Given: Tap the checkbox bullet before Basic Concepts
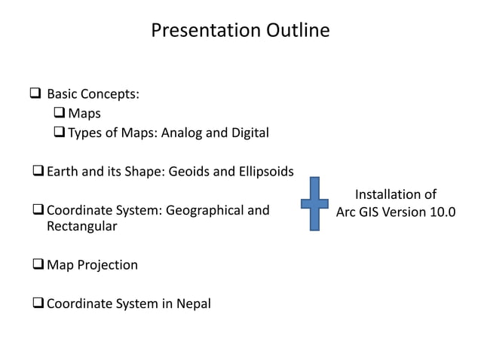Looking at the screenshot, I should [x=35, y=95].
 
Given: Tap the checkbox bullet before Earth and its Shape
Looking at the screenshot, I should [x=38, y=172].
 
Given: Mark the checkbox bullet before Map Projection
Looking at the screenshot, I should [x=38, y=265].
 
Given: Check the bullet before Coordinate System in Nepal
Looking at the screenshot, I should [x=38, y=304].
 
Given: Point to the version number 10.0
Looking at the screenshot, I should [x=441, y=211].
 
